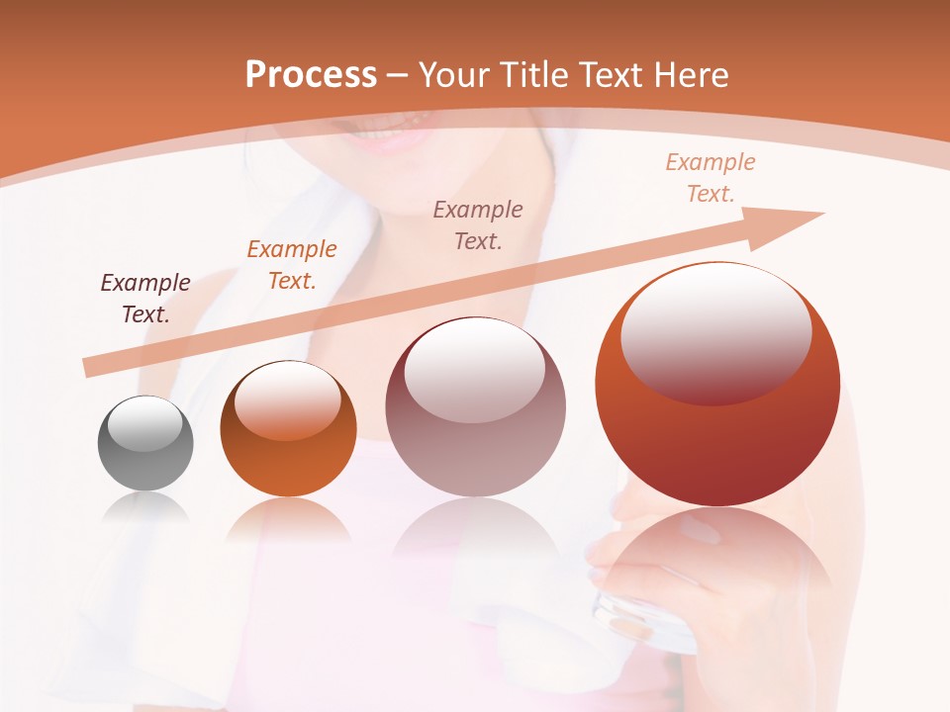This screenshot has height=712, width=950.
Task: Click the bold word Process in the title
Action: pyautogui.click(x=311, y=74)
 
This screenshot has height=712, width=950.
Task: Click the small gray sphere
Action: pyautogui.click(x=145, y=443)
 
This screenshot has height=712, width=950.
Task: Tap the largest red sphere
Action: pyautogui.click(x=717, y=386)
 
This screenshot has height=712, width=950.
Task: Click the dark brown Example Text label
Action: pyautogui.click(x=145, y=299)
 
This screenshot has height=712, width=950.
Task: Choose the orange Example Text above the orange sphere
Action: pyautogui.click(x=292, y=265)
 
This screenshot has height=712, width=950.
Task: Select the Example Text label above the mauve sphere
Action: pyautogui.click(x=478, y=224)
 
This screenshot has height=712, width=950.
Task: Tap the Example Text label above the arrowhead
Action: pyautogui.click(x=711, y=178)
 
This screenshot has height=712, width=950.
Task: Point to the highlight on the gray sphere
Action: pyautogui.click(x=144, y=423)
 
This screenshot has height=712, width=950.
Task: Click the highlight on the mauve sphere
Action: pyautogui.click(x=474, y=370)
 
